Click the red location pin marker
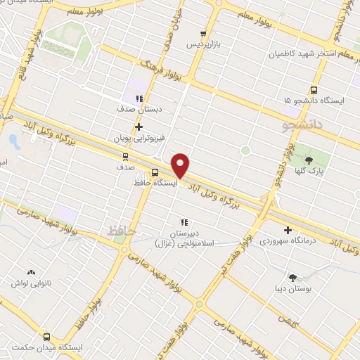(181, 166)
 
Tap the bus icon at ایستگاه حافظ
(155, 172)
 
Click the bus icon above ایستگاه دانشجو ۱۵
(314, 90)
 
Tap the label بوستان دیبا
(292, 288)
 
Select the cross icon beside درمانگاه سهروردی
(288, 230)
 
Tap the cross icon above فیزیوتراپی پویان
(139, 127)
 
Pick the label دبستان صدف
(139, 110)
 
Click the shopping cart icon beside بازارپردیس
(203, 33)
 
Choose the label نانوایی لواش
(31, 283)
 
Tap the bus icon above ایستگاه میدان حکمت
(47, 337)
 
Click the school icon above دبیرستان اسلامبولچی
(185, 222)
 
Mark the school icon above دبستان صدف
(139, 99)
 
